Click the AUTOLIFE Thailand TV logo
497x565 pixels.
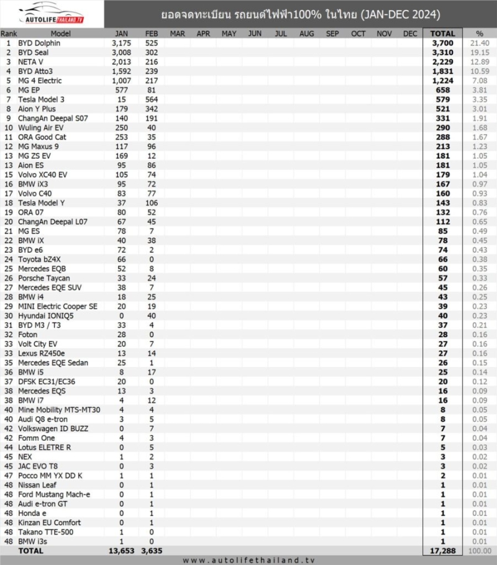tap(52, 14)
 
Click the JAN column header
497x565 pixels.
tap(123, 34)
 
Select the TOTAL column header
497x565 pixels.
tap(443, 34)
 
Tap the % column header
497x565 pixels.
tap(479, 34)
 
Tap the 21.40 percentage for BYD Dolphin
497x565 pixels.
tap(480, 43)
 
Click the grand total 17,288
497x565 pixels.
tap(443, 550)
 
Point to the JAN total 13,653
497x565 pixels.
tap(121, 550)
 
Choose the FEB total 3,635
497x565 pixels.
tap(150, 550)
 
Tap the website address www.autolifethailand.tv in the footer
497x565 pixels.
tap(248, 560)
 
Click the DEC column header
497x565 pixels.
tap(410, 34)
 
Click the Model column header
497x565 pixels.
tap(61, 34)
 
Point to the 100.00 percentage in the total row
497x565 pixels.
tap(480, 550)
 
